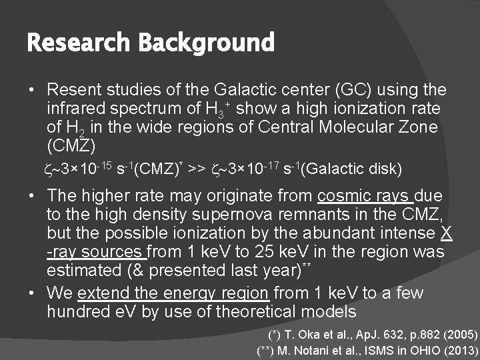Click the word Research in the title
pyautogui.click(x=79, y=44)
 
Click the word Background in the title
pyautogui.click(x=206, y=44)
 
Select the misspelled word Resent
pyautogui.click(x=73, y=89)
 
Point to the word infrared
pyautogui.click(x=75, y=108)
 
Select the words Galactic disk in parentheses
pyautogui.click(x=352, y=169)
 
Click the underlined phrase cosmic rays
pyautogui.click(x=365, y=197)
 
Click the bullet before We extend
pyautogui.click(x=33, y=293)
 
